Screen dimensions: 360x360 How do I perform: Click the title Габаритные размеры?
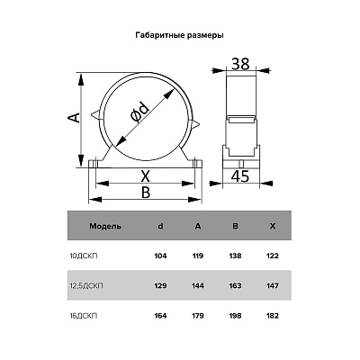179,36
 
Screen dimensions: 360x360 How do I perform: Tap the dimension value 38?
240,64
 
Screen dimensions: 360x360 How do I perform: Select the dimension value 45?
240,176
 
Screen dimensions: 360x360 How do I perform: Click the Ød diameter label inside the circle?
140,112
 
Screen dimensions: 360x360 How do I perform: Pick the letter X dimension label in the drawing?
146,176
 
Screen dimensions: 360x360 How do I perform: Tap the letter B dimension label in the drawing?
146,193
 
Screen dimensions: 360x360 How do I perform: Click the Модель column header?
105,226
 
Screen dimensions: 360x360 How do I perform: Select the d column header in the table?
161,226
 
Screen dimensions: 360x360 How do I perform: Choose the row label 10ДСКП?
84,256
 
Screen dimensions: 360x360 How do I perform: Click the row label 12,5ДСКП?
86,285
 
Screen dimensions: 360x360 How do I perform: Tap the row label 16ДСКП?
84,316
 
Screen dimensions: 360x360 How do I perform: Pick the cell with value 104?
160,256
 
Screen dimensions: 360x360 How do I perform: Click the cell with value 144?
198,285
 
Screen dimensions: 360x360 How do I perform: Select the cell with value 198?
235,316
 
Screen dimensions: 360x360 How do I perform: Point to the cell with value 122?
272,256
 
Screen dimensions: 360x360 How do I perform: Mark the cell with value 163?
235,285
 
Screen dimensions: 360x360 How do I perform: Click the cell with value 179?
198,316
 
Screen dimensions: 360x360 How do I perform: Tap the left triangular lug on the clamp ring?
95,114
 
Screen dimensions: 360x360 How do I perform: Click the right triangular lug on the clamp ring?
194,123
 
